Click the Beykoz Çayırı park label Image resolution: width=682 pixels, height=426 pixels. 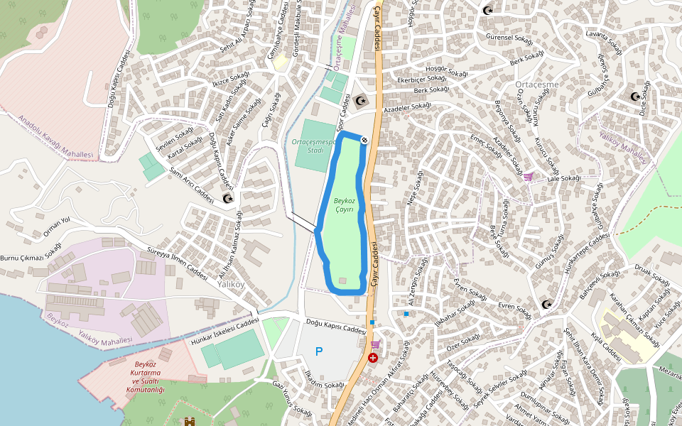click(344, 205)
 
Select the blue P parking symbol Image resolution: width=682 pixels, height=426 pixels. click(319, 351)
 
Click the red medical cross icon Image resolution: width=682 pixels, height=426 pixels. click(373, 358)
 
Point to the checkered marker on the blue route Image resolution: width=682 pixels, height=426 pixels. click(364, 141)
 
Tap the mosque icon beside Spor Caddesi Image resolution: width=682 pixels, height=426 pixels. click(360, 101)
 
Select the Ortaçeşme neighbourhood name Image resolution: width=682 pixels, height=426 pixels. click(536, 85)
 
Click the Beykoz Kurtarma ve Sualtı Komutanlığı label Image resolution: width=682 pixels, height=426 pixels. click(145, 377)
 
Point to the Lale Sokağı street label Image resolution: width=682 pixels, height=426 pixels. click(563, 178)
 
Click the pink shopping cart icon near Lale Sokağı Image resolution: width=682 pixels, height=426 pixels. click(528, 176)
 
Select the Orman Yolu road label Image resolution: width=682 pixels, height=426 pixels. click(57, 226)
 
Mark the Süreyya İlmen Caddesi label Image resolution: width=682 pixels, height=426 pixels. click(175, 263)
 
